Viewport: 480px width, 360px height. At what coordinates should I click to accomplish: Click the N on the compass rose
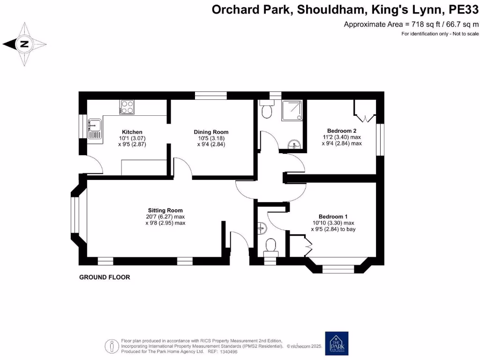pos(24,45)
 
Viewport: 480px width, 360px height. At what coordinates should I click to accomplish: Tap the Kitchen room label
pos(132,132)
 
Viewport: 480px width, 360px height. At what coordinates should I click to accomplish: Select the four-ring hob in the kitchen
pos(127,107)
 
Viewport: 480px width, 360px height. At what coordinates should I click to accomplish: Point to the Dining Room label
pos(211,132)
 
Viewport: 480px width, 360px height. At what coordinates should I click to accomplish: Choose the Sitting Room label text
pos(165,210)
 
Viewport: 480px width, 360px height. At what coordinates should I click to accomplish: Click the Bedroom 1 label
pos(333,217)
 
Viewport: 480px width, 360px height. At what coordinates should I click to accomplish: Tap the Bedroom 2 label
pos(342,131)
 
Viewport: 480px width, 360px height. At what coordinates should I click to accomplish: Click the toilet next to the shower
pos(267,110)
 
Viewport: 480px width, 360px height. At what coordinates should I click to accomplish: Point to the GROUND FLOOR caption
pos(104,277)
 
